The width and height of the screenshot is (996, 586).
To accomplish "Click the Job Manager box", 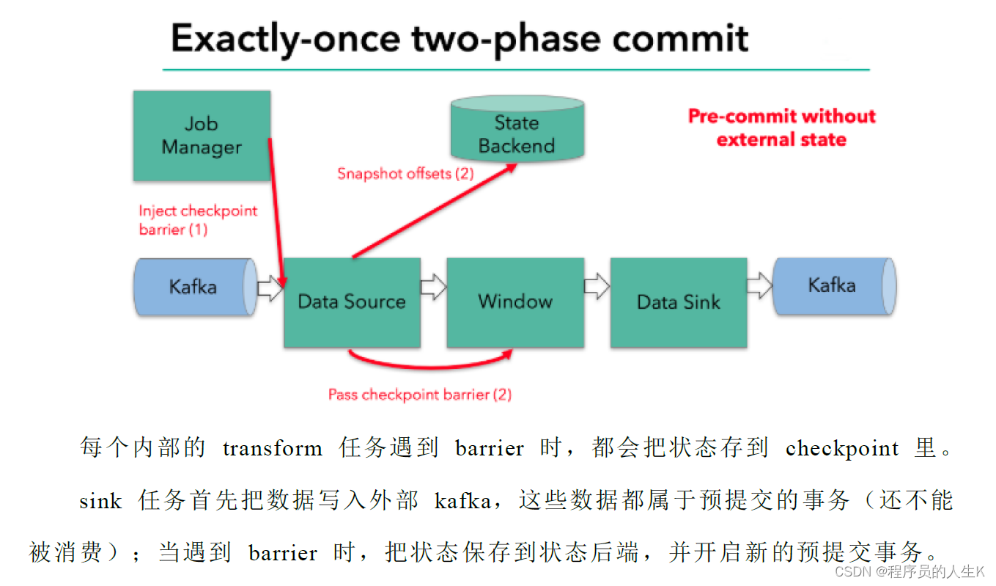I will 202,136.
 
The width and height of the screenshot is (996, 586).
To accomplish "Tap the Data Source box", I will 352,302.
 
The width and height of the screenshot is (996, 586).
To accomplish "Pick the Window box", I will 515,301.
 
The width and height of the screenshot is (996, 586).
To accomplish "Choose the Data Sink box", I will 679,302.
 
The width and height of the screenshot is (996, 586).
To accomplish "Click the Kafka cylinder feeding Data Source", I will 193,286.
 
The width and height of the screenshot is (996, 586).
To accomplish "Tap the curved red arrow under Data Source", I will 429,362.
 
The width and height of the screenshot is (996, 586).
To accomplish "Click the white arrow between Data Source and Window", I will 433,287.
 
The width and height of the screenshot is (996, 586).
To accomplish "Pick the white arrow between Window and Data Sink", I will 597,287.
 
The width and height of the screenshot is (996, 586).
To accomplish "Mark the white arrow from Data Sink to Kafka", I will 759,286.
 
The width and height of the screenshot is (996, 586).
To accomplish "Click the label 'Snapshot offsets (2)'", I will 405,174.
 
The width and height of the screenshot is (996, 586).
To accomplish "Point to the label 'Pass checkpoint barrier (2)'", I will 419,395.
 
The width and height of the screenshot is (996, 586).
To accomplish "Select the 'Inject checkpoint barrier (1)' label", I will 198,220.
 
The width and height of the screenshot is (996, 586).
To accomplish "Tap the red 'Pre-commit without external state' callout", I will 781,128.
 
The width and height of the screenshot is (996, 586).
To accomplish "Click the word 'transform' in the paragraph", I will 273,448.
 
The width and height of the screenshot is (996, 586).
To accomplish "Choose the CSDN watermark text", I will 910,571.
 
